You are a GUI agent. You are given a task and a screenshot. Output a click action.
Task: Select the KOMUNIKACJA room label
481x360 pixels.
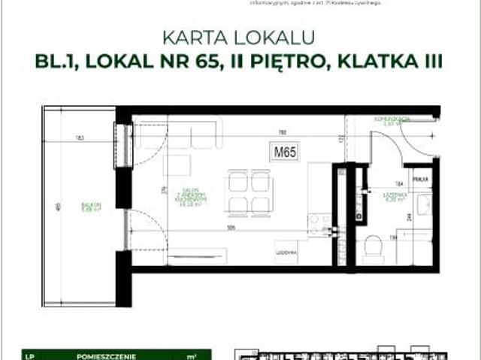pyautogui.click(x=392, y=120)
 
